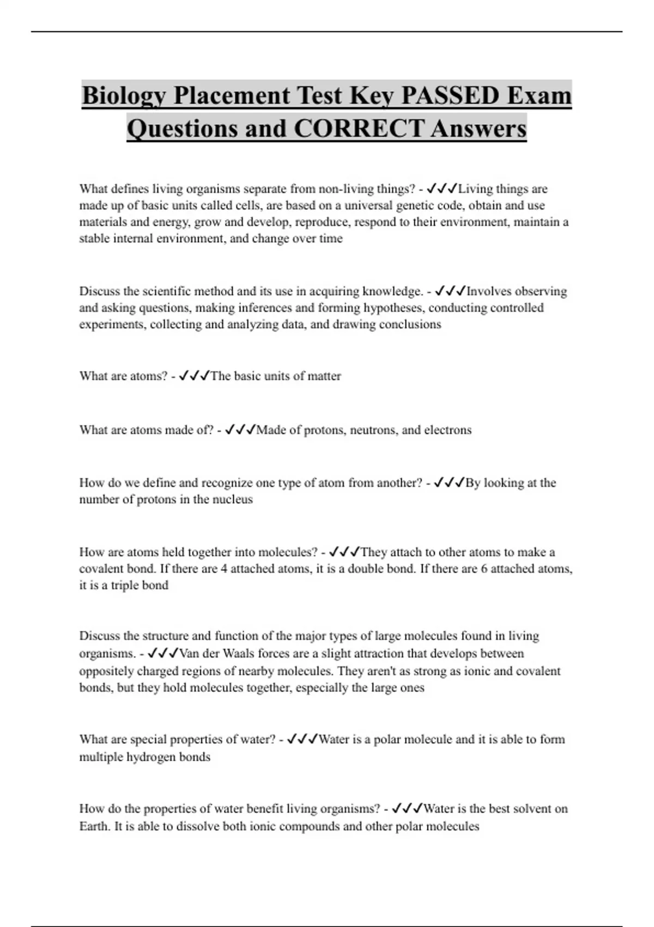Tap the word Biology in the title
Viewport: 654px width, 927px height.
coord(124,97)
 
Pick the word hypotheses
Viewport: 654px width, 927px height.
coord(394,308)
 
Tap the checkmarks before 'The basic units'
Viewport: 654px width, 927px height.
coord(193,376)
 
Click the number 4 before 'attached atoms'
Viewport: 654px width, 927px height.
coord(223,569)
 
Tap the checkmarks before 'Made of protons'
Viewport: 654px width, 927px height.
coord(240,430)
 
